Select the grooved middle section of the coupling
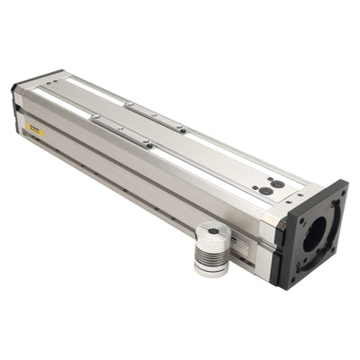tap(212, 251)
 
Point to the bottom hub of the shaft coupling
tap(212, 267)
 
